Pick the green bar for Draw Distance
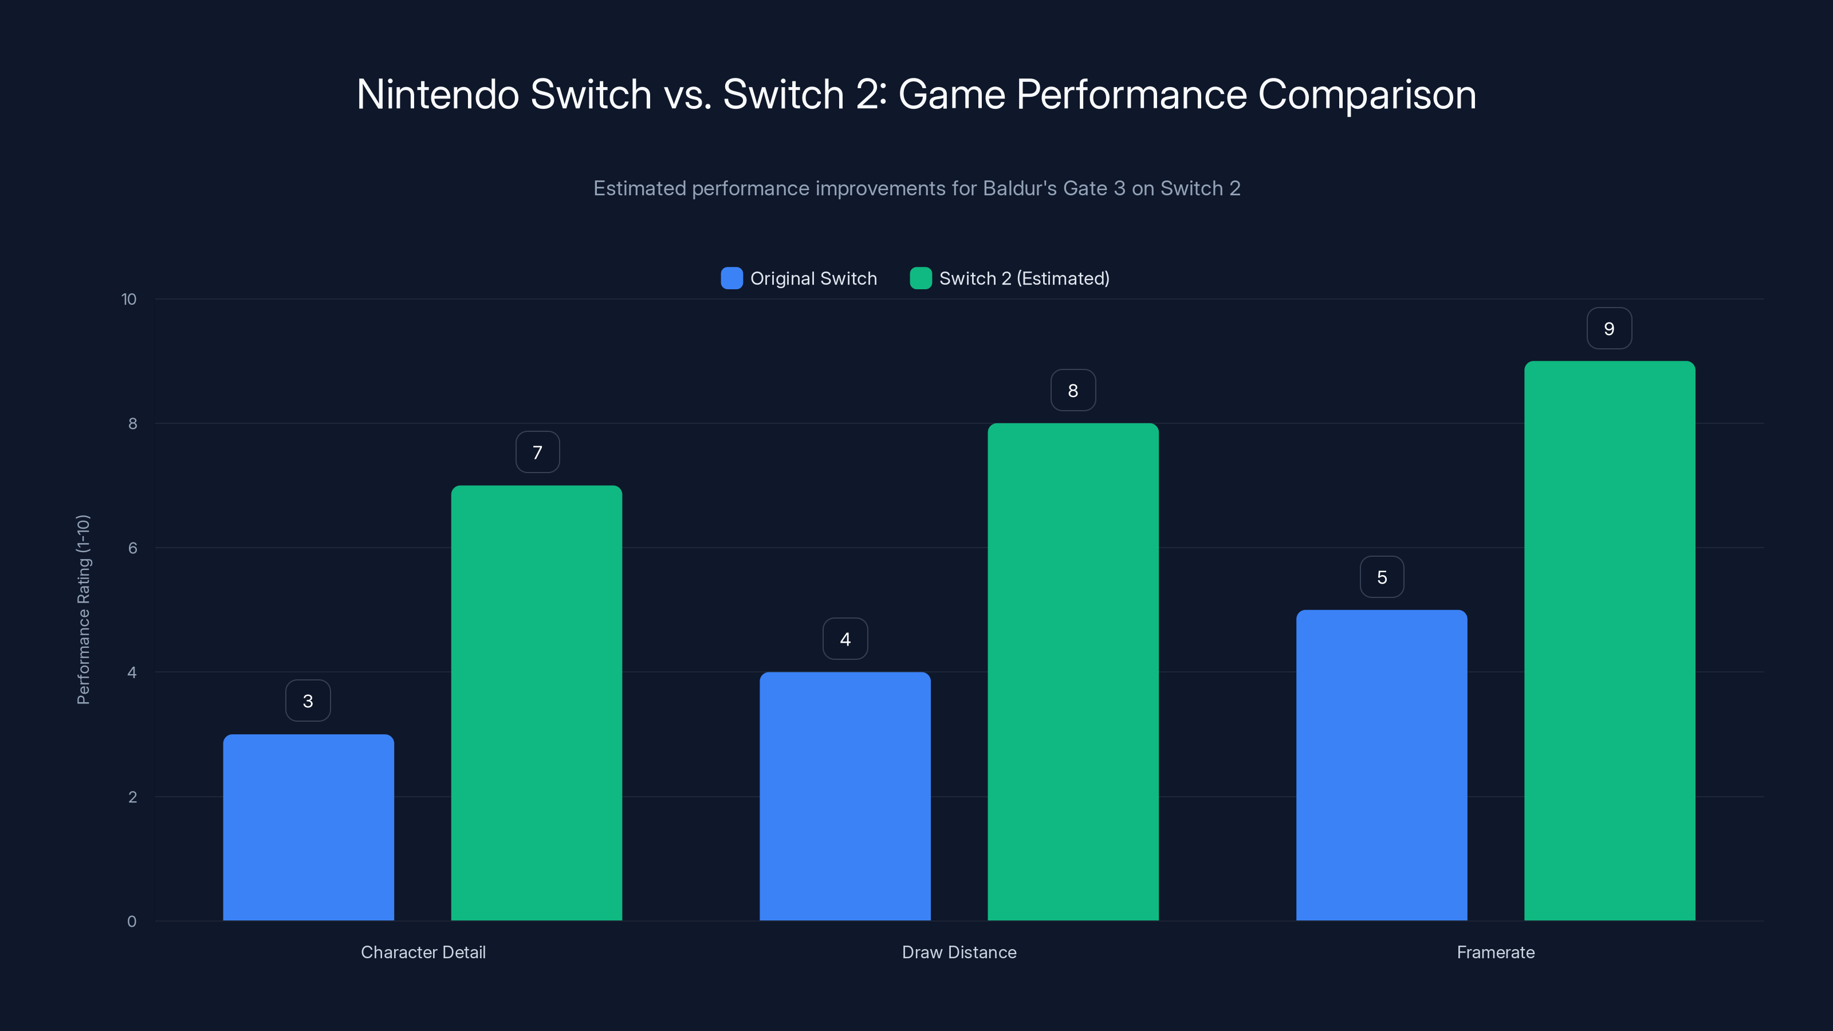click(1073, 672)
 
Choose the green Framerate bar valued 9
click(1610, 640)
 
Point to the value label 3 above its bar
click(308, 701)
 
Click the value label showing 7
click(537, 452)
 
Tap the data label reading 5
click(1382, 577)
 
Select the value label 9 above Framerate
click(1609, 329)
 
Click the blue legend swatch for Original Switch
click(731, 278)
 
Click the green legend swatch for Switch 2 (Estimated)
click(921, 278)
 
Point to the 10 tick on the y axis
click(129, 300)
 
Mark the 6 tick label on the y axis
click(132, 548)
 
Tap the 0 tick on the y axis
click(132, 922)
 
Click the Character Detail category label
click(423, 952)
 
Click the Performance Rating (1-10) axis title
click(83, 610)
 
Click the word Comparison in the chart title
click(1366, 95)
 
